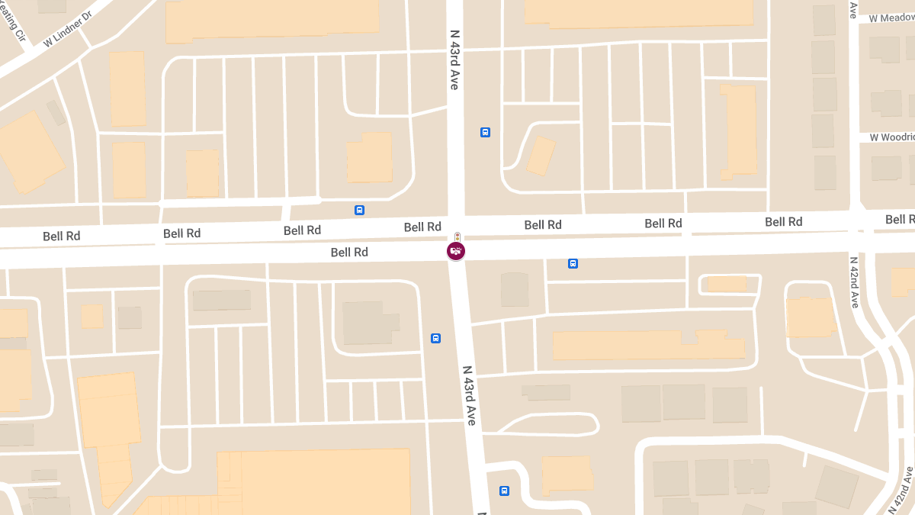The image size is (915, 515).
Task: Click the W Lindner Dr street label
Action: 67,29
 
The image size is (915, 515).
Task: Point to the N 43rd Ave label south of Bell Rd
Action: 470,394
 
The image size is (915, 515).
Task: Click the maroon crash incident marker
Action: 456,251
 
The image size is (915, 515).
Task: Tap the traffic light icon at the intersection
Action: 457,237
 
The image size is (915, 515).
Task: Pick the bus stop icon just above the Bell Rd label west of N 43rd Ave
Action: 359,210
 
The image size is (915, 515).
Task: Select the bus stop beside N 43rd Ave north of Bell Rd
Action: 485,132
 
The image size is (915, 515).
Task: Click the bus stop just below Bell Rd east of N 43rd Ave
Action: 573,264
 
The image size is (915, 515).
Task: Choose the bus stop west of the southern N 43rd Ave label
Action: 435,338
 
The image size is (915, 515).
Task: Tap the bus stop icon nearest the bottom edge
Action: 504,491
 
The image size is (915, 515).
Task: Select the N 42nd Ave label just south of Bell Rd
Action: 854,282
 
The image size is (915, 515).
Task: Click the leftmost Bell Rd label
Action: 62,236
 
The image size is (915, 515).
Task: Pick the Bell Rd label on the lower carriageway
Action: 349,252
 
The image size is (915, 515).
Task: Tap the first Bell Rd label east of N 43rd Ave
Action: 543,224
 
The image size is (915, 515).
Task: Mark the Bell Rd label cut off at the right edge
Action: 900,220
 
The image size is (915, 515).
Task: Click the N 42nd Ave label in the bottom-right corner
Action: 901,489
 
